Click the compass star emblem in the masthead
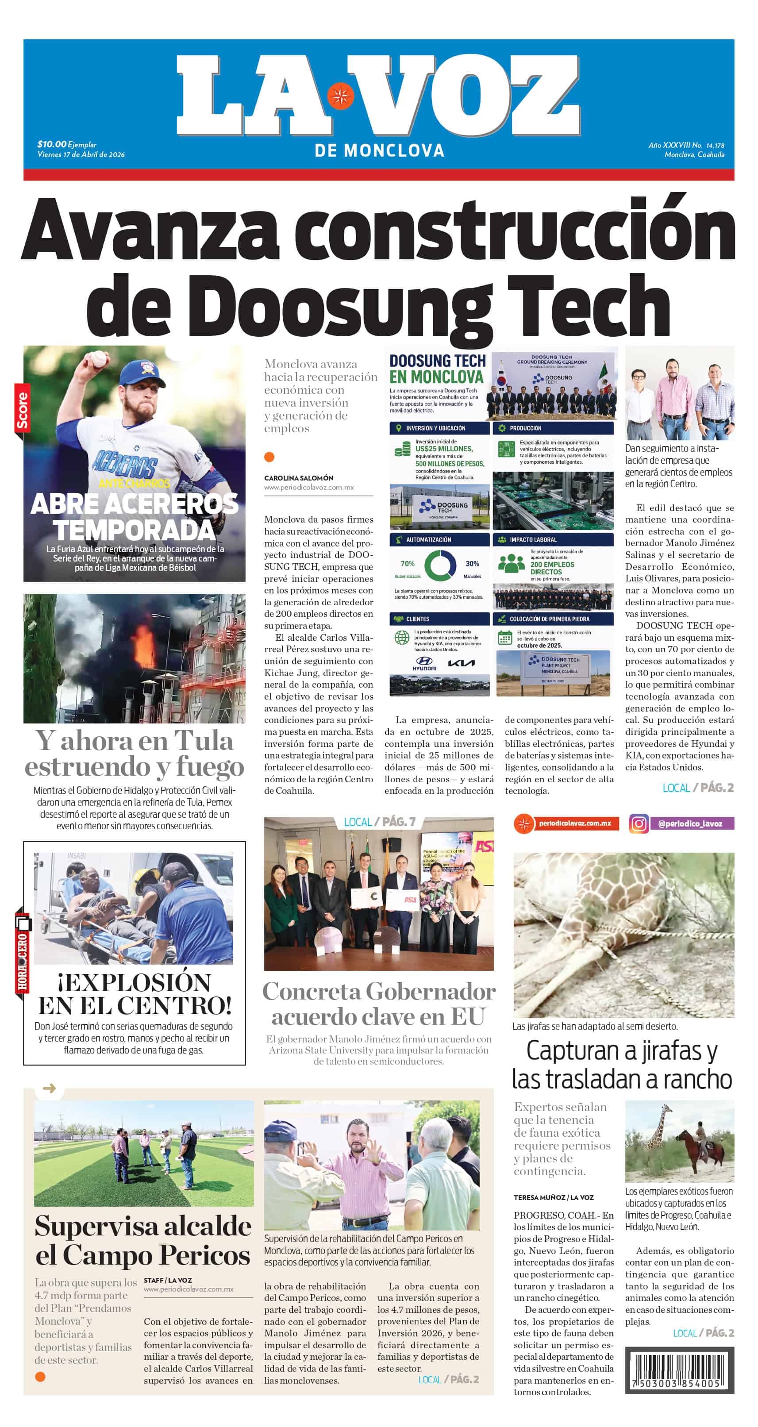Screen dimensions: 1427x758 click(x=340, y=96)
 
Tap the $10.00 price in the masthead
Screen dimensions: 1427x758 click(x=51, y=144)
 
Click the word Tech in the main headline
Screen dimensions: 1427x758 click(x=589, y=306)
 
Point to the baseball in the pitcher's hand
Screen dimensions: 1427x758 click(x=99, y=359)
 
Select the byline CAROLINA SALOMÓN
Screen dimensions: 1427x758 click(x=298, y=477)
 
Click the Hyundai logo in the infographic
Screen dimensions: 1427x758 click(x=424, y=663)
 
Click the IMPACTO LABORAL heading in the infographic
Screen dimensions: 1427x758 click(x=533, y=539)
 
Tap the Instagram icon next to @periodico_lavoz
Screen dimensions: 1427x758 click(x=639, y=824)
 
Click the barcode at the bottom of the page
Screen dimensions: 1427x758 click(x=679, y=1370)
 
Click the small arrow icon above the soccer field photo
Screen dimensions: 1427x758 click(x=49, y=1088)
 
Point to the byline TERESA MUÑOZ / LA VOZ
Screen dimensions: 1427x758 click(x=553, y=1197)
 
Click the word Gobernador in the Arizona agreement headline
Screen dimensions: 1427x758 click(x=431, y=992)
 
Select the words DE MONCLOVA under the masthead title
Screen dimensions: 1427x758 click(x=379, y=151)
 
